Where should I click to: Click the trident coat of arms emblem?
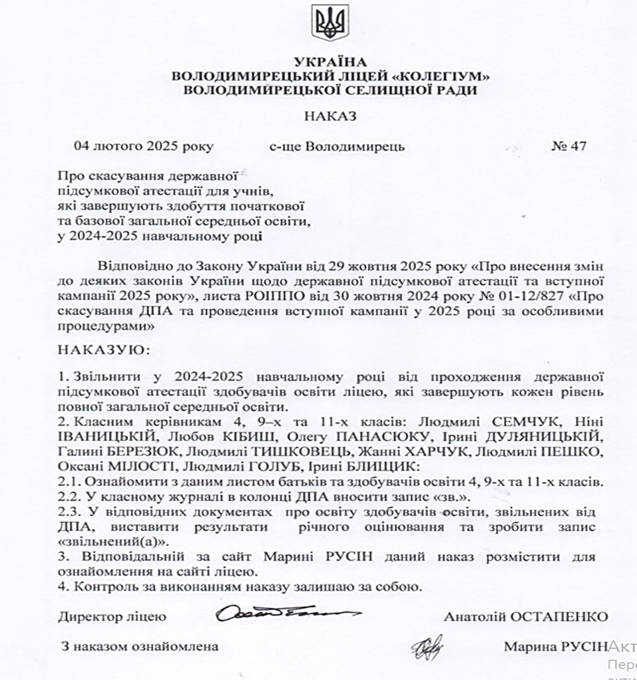pos(330,23)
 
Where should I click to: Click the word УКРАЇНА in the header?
pos(330,63)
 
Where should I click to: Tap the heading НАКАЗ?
pos(330,116)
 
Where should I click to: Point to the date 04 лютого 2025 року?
pos(143,146)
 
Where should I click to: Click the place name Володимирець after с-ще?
pos(355,146)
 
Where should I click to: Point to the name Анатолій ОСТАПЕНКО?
pos(526,617)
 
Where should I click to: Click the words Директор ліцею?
pos(112,617)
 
